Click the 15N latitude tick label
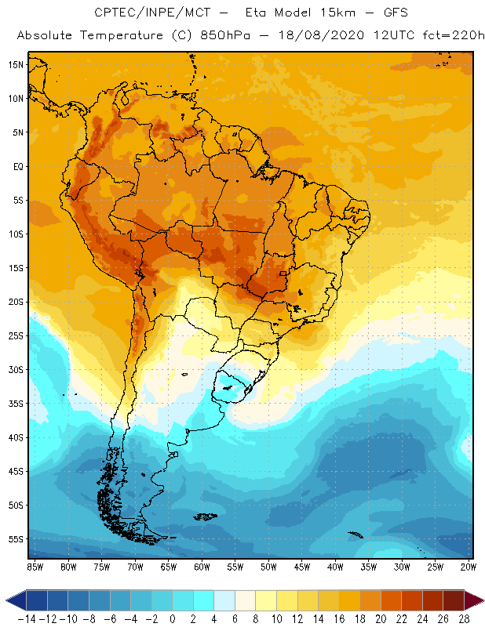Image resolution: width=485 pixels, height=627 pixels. tap(16, 64)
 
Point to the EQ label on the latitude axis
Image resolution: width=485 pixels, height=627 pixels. tap(16, 166)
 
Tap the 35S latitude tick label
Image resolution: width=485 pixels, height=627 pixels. tap(16, 404)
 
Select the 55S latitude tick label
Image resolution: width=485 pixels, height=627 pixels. tap(16, 539)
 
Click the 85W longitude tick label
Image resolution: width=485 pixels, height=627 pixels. tap(35, 567)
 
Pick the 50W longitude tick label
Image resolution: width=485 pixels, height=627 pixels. tap(268, 567)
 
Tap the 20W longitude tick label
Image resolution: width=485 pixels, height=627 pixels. tap(469, 567)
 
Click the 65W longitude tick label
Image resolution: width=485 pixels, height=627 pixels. tap(168, 567)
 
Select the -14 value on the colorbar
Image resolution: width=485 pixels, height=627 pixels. tap(26, 619)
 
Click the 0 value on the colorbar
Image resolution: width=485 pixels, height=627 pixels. tap(172, 619)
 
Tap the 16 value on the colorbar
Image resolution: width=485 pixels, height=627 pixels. tap(338, 619)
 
